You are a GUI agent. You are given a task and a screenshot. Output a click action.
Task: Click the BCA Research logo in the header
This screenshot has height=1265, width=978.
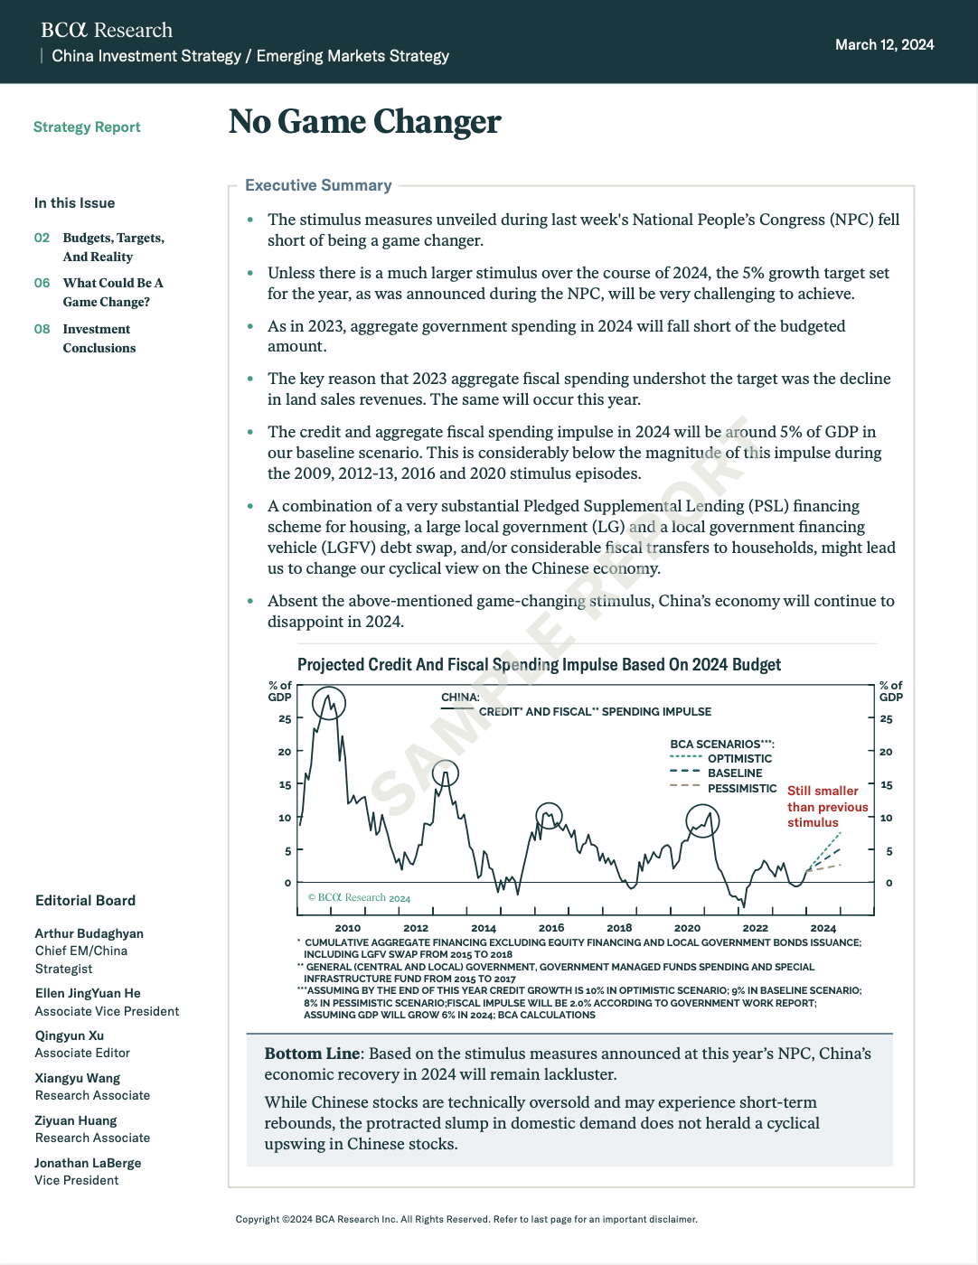click(x=107, y=30)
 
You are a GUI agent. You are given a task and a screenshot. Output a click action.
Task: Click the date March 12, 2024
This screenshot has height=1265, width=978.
click(x=884, y=44)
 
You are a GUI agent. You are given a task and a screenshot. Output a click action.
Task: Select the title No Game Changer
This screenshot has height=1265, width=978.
click(x=364, y=122)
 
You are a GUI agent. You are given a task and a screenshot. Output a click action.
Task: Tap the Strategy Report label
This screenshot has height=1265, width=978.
click(x=87, y=127)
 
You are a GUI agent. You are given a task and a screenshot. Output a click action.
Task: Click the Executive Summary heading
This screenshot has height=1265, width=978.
click(x=318, y=185)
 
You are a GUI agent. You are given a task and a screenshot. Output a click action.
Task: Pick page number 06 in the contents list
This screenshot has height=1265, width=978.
click(x=42, y=283)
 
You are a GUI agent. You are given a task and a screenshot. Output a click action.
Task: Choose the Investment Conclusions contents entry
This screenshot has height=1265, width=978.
click(x=99, y=338)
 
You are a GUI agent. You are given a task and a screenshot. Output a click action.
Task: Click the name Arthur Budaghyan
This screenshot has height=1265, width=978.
click(x=89, y=933)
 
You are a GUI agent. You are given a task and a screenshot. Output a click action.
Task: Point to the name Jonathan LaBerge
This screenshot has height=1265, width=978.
click(x=88, y=1163)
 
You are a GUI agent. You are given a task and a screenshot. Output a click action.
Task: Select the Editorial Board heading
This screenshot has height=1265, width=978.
click(x=85, y=900)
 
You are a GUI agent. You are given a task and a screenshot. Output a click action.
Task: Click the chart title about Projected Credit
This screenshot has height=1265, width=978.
click(x=539, y=664)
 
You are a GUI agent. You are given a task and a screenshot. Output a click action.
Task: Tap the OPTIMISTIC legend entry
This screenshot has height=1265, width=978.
click(x=739, y=758)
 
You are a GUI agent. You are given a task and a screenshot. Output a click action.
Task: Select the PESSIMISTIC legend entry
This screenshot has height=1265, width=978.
click(x=742, y=788)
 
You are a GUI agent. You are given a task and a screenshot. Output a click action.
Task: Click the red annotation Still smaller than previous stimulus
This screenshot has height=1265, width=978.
click(x=826, y=806)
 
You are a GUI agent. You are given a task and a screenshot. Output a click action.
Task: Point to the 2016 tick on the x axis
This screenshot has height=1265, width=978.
click(x=551, y=927)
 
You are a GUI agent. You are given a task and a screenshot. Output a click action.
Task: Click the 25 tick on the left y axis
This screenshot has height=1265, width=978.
click(x=285, y=718)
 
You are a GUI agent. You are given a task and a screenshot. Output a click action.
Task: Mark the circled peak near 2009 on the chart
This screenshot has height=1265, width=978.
click(x=329, y=702)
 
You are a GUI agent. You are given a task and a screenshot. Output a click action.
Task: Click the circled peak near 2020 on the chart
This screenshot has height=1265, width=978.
click(x=702, y=820)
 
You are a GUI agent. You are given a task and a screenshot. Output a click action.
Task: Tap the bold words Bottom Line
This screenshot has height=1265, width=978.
click(x=312, y=1054)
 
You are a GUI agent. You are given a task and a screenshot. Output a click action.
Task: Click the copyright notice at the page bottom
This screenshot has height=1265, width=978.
click(x=466, y=1219)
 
